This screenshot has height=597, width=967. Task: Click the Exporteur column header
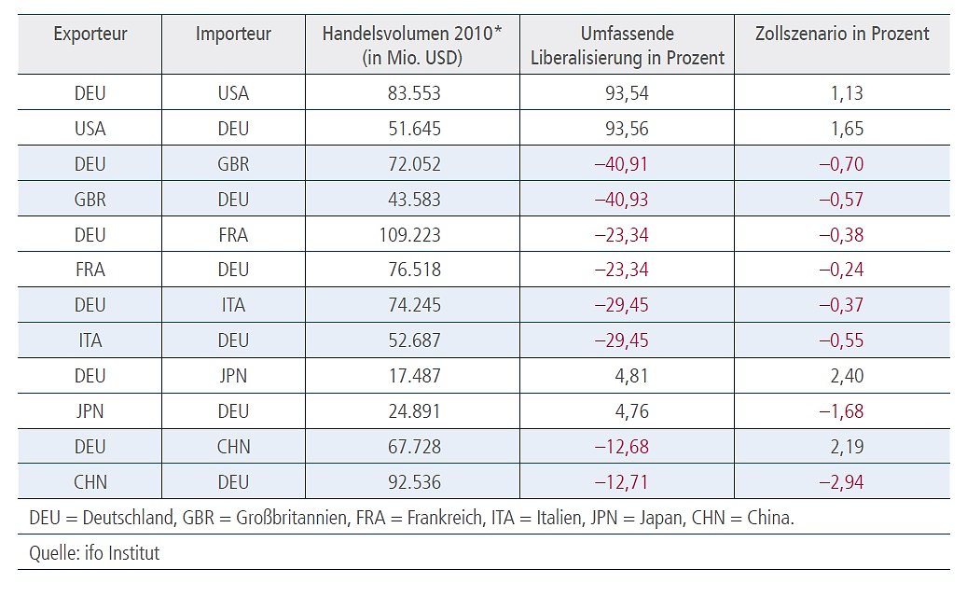click(x=90, y=35)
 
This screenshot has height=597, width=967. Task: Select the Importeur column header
click(x=233, y=35)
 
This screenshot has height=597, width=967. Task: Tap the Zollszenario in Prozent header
click(x=841, y=35)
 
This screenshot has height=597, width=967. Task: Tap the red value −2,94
click(x=843, y=482)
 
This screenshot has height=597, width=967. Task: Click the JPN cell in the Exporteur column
click(x=90, y=411)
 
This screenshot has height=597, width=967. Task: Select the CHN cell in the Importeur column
click(x=233, y=447)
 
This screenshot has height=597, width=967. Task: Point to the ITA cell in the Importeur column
click(x=233, y=305)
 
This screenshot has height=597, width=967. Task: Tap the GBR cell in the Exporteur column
click(x=90, y=200)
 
